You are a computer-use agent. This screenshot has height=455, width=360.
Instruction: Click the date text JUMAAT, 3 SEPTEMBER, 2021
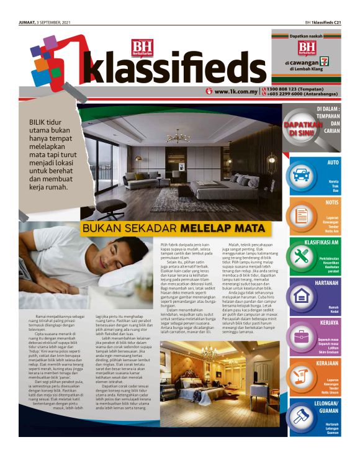[x=45, y=22]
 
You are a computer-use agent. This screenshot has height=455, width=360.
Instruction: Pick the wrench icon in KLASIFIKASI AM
[x=302, y=256]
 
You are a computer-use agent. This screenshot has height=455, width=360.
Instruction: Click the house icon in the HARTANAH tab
[x=302, y=296]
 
